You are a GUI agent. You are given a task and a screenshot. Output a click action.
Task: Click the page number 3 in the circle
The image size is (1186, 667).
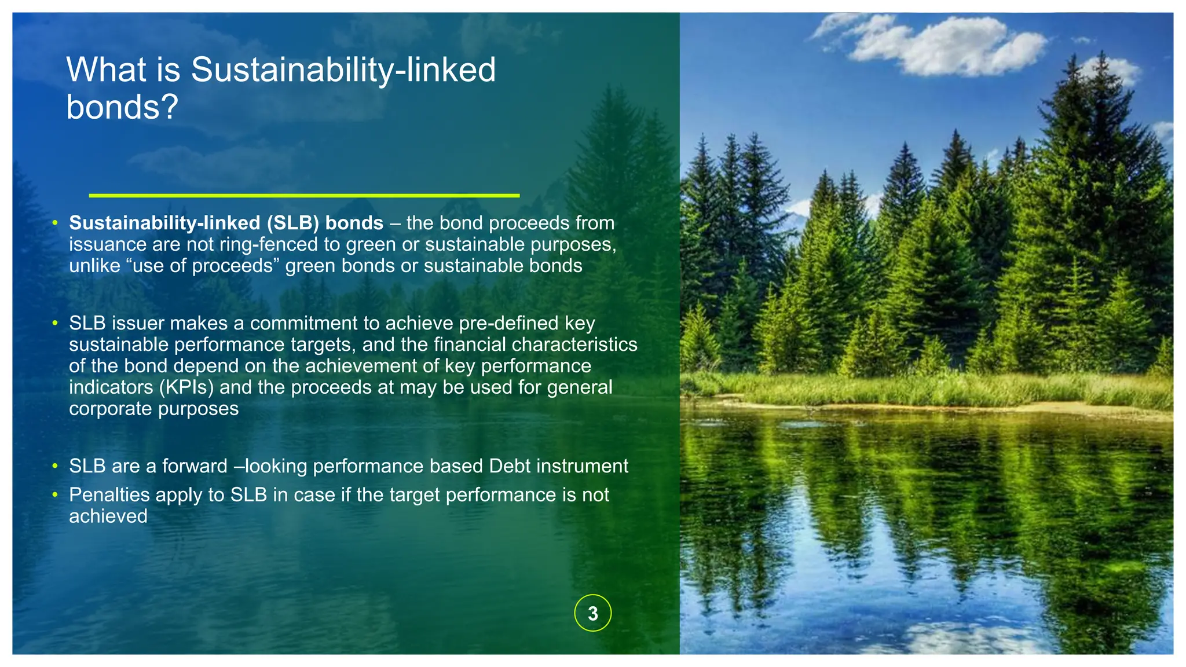point(592,613)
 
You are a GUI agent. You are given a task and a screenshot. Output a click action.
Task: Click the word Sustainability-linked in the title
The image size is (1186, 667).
point(343,70)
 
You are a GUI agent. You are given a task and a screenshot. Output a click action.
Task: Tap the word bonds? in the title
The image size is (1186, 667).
point(122,108)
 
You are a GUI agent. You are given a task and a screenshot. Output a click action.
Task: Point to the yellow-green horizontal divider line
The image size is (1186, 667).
point(304,196)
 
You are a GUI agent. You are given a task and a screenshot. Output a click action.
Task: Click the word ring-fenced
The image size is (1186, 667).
point(269,244)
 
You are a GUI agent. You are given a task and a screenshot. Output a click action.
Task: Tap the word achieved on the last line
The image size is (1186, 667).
point(108,516)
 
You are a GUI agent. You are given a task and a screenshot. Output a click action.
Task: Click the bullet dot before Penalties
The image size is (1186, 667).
point(55,495)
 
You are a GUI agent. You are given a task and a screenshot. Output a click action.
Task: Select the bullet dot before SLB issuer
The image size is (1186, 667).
point(55,323)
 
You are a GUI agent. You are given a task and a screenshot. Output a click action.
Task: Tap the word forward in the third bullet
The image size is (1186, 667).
point(195,466)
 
